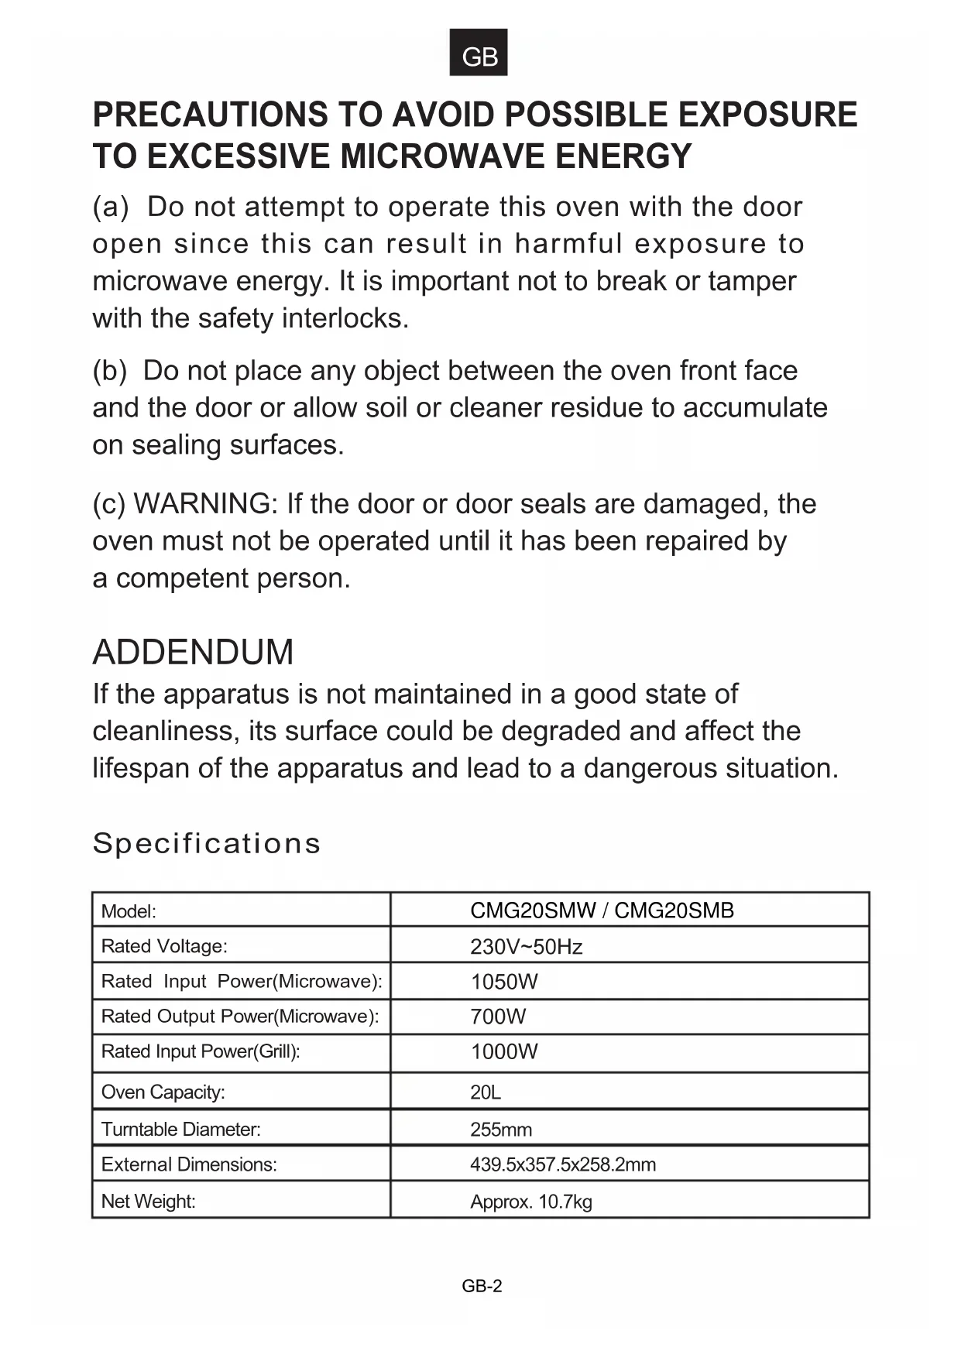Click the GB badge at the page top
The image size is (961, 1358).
tap(479, 53)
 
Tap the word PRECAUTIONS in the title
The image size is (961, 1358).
tap(209, 115)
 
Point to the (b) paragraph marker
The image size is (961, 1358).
tap(109, 371)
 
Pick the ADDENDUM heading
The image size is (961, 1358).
tap(193, 652)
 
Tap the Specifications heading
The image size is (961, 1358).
tap(206, 843)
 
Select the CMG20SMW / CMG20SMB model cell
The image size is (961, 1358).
tap(602, 910)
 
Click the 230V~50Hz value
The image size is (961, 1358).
tap(526, 947)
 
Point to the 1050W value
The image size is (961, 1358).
tap(504, 982)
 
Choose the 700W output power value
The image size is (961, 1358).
tap(498, 1017)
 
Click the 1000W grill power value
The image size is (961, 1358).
tap(504, 1051)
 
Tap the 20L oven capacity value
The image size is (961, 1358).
tap(486, 1092)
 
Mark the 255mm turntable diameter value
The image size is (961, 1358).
tap(501, 1130)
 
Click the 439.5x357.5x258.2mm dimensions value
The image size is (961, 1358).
tap(563, 1164)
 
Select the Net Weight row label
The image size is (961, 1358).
tap(149, 1202)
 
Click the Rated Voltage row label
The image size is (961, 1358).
tap(164, 946)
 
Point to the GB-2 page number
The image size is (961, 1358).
tap(482, 1286)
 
